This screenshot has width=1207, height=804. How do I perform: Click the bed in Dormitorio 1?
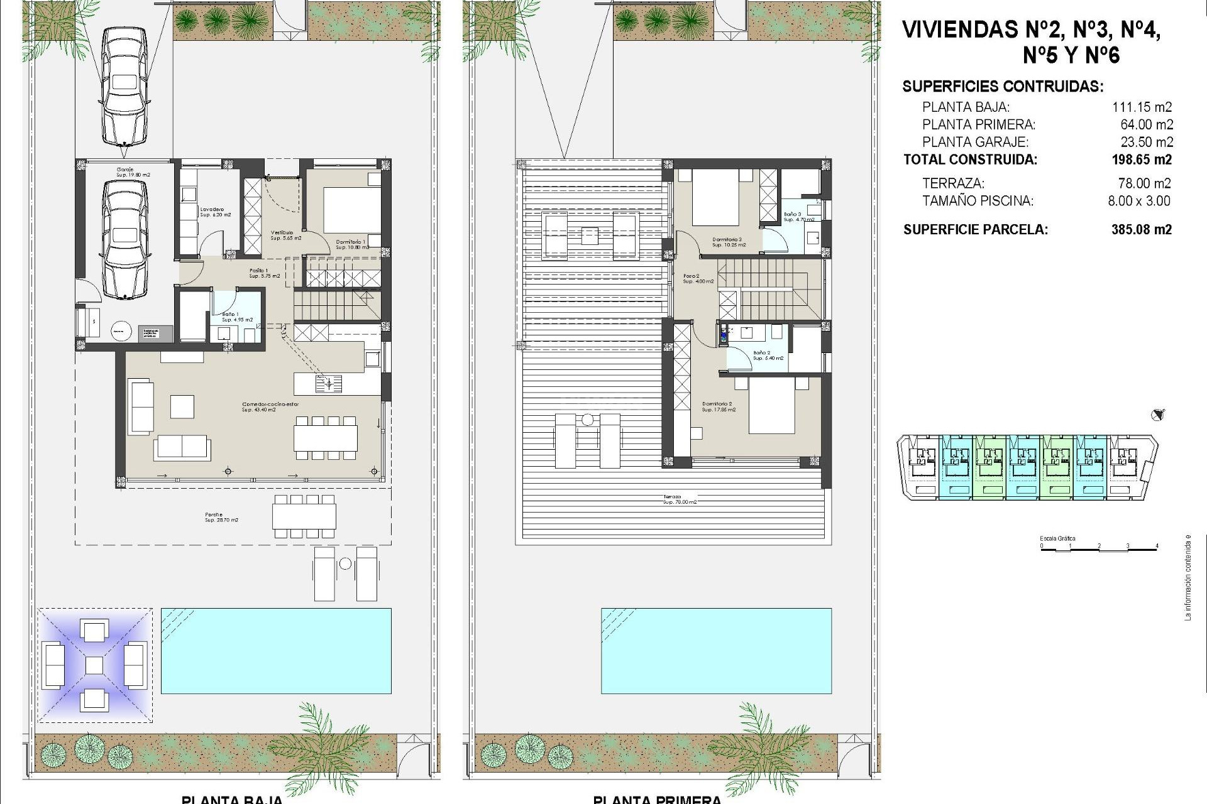[x=344, y=210]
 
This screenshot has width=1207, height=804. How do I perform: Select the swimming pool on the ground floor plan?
[x=276, y=650]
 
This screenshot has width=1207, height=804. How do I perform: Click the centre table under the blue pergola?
[x=94, y=665]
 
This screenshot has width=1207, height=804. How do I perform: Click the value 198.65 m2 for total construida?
[x=1141, y=160]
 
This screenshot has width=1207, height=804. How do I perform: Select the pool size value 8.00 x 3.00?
[x=1139, y=201]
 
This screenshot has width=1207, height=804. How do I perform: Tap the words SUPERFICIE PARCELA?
[x=975, y=229]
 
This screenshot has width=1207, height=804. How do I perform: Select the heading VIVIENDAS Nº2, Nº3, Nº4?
[x=1030, y=30]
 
